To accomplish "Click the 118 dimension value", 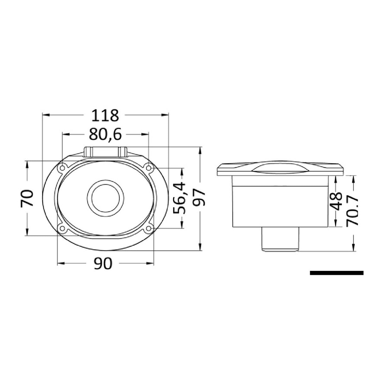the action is coord(105,115).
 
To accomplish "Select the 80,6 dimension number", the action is coord(105,134).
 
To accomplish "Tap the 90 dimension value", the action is coord(103,264).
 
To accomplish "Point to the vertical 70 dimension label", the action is coord(27,198).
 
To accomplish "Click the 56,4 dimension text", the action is coord(180,198).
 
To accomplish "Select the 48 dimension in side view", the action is coord(336,201).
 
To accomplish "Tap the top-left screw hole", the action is coord(62,168).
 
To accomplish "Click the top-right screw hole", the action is coord(149,168).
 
